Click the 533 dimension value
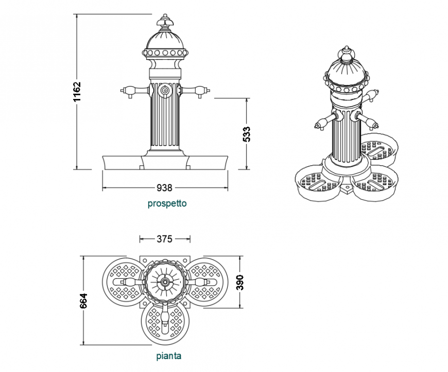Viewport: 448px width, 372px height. pos(247,134)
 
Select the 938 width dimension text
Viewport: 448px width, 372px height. pos(165,188)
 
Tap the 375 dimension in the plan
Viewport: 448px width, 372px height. pos(165,239)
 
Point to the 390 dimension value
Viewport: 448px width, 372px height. pos(240,282)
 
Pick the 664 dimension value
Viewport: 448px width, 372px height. pos(84,301)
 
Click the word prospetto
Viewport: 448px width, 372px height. pos(167,204)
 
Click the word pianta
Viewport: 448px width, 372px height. pos(169,356)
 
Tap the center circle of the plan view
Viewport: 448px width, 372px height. pos(164,282)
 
